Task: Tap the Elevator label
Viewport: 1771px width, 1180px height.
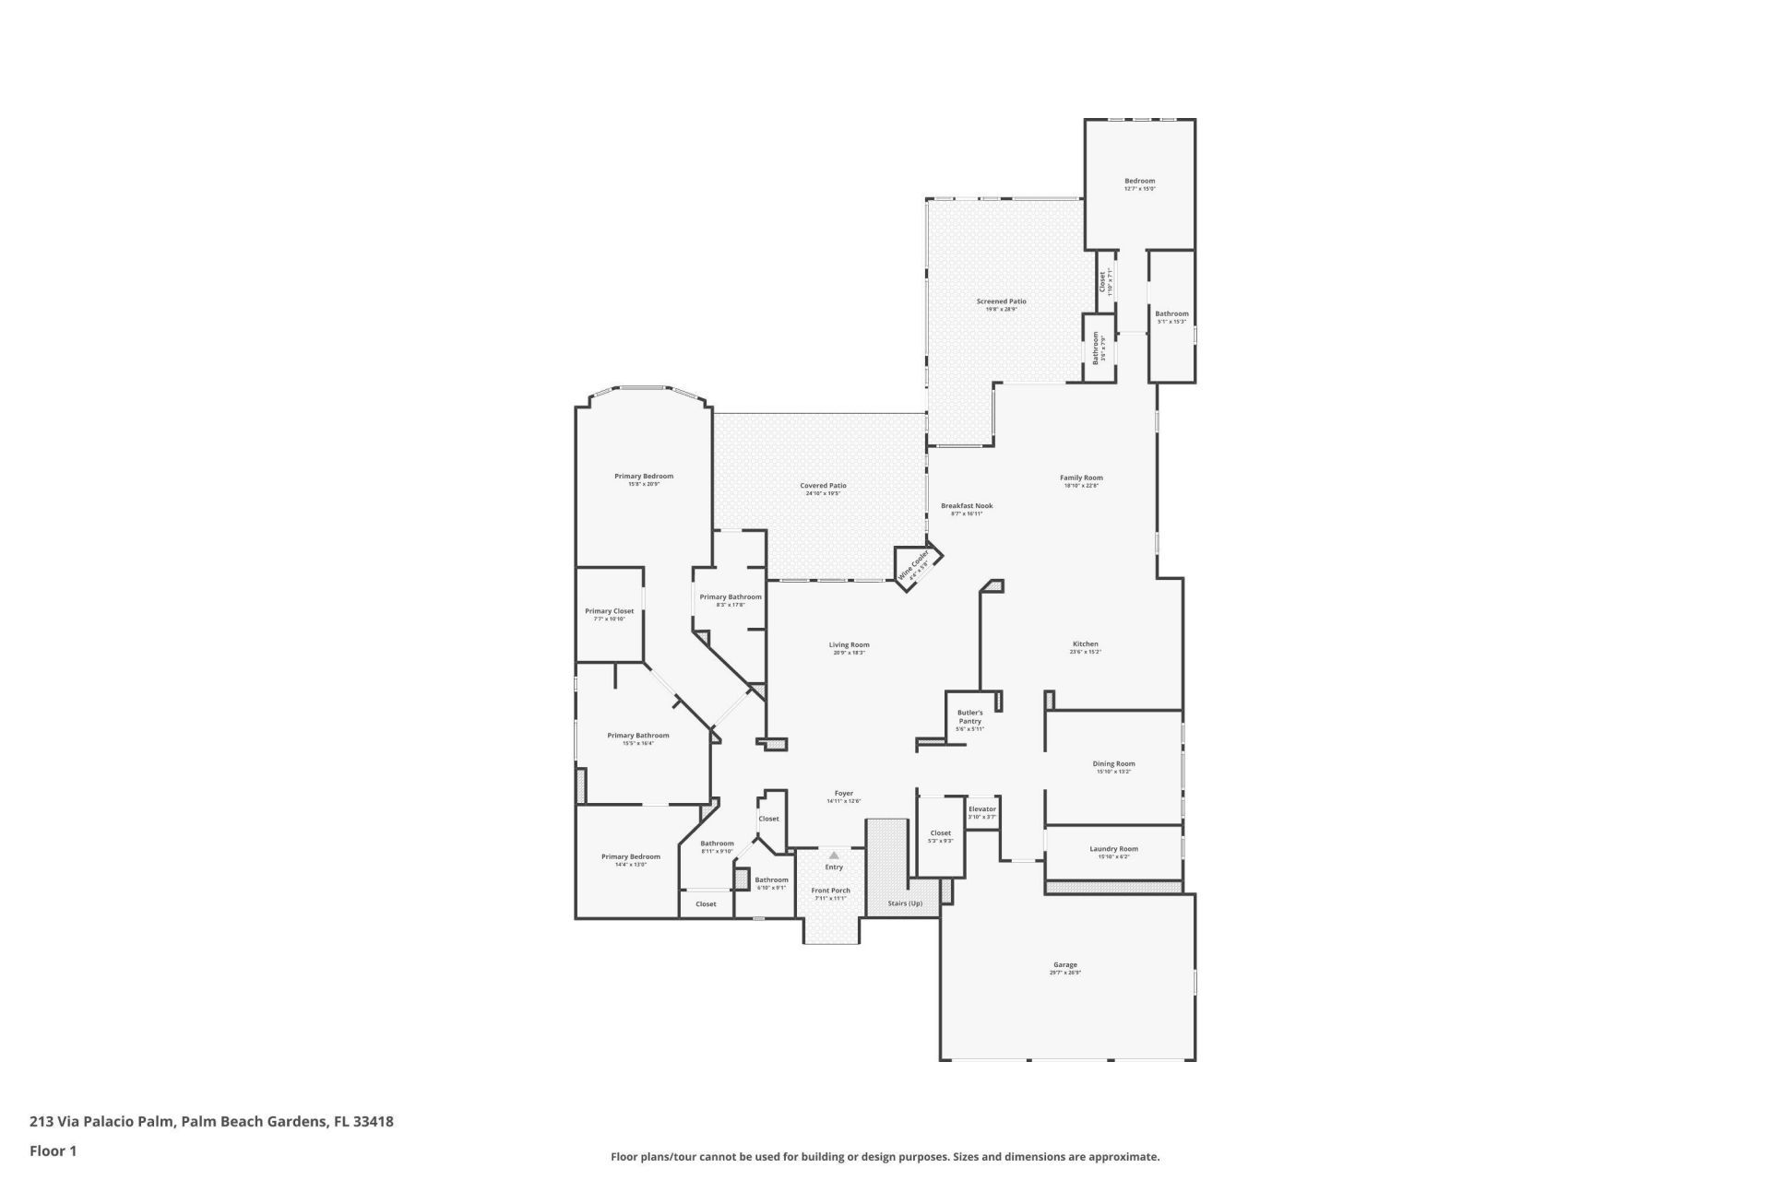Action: (x=981, y=809)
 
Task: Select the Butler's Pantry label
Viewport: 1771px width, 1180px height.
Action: (x=969, y=716)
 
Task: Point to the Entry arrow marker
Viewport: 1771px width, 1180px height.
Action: (x=834, y=855)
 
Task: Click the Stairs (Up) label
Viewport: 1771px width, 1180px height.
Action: (x=904, y=903)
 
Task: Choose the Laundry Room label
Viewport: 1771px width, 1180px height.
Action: (x=1113, y=849)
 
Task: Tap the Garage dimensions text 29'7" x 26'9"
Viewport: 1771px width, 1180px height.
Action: (x=1064, y=973)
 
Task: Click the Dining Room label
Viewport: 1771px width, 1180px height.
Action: (x=1113, y=763)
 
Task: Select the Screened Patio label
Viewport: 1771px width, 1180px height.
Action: (x=1001, y=301)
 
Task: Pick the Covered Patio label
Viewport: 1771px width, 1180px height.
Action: (x=823, y=486)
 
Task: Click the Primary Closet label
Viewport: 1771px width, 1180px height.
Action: (x=609, y=611)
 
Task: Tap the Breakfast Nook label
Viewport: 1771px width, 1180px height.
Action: (x=966, y=506)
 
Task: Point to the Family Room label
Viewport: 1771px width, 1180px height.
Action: (x=1081, y=478)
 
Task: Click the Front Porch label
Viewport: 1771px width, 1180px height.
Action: (x=830, y=891)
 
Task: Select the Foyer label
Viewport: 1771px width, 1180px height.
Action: (x=843, y=793)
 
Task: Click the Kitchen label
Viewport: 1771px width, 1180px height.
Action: (x=1085, y=643)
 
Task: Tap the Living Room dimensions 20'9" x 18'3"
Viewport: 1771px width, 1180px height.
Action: (x=849, y=653)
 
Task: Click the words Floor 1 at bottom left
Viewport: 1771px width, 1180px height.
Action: (x=53, y=1150)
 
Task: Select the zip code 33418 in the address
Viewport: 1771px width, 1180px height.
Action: (x=374, y=1122)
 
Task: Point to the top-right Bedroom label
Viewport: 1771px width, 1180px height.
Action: (x=1139, y=181)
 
